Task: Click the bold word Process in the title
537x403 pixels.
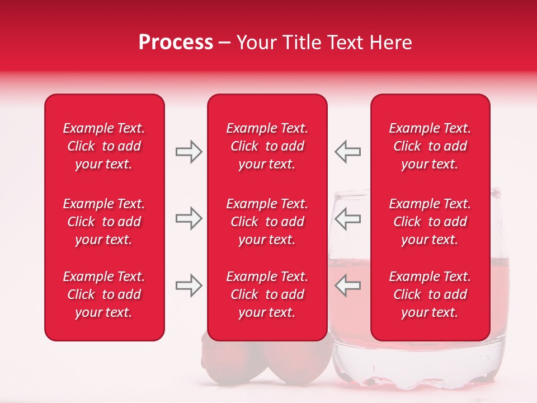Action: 176,43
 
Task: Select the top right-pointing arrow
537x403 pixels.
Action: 189,152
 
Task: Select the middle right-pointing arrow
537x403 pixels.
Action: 189,218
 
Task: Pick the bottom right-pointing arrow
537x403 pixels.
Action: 189,285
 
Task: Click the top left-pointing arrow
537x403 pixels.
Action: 347,152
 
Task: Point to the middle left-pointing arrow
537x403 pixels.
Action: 347,218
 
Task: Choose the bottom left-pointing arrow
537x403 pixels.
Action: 347,285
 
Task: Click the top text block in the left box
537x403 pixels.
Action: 104,146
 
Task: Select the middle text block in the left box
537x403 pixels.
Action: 104,222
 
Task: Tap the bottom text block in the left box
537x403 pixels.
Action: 104,294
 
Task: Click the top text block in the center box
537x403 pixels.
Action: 267,146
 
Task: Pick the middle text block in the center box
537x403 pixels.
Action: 267,222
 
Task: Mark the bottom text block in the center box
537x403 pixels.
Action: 267,294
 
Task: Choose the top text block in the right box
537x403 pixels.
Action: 430,146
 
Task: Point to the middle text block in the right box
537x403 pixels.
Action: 430,222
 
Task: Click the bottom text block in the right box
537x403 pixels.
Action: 430,294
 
